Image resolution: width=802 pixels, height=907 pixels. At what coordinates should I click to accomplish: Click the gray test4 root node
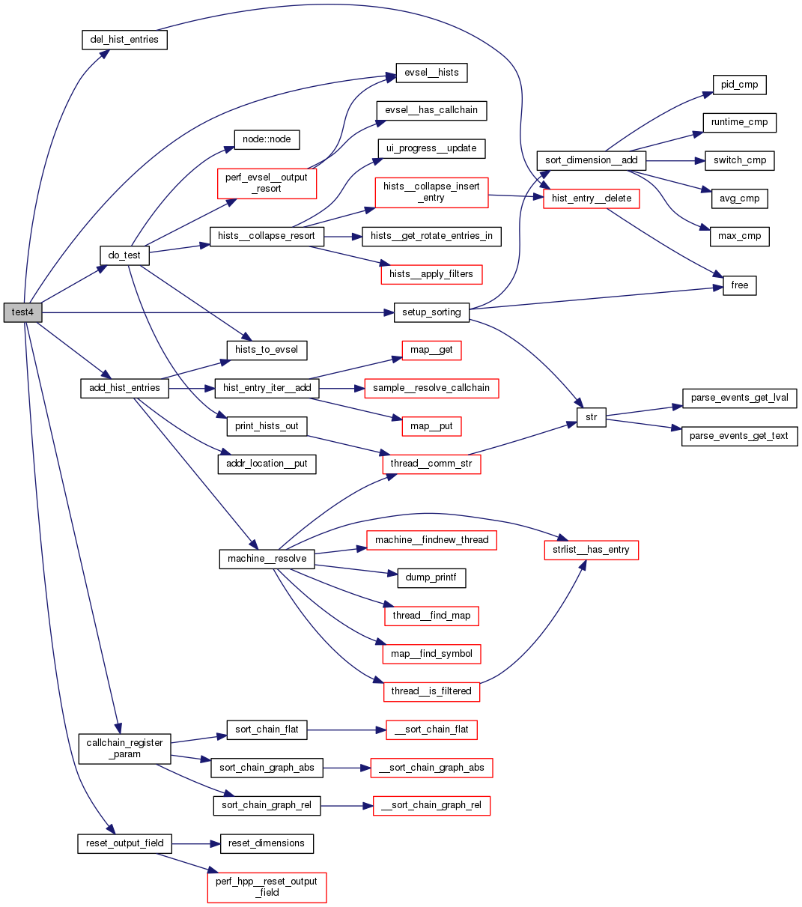(x=22, y=312)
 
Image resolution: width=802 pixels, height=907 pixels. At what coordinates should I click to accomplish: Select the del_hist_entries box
(x=124, y=40)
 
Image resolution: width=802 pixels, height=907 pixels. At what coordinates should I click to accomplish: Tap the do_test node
(x=124, y=255)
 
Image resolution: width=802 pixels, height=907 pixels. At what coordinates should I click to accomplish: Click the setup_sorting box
(x=431, y=312)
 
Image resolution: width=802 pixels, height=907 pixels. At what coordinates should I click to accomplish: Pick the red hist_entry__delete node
(x=591, y=198)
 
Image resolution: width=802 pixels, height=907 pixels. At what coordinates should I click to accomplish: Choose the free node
(x=739, y=285)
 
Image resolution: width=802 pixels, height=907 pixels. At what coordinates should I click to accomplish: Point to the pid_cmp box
(x=739, y=85)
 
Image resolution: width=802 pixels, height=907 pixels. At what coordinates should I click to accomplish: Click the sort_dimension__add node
(x=591, y=160)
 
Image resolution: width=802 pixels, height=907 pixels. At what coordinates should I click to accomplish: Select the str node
(x=591, y=417)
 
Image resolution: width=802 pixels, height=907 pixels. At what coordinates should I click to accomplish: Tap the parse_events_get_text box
(x=739, y=436)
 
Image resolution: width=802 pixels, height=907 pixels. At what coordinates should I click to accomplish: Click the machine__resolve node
(x=267, y=559)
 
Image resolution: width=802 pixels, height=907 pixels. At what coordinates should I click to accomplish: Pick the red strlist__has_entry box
(x=591, y=550)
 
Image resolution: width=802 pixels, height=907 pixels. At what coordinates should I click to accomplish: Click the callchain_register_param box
(x=124, y=748)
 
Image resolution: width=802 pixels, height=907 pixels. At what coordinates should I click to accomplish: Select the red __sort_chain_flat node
(x=431, y=729)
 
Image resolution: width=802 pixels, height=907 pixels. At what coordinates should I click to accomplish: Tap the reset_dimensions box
(x=266, y=843)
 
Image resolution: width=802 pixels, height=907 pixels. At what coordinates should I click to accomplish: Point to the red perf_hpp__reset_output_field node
(x=267, y=887)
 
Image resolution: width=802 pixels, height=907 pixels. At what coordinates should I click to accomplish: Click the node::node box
(x=267, y=139)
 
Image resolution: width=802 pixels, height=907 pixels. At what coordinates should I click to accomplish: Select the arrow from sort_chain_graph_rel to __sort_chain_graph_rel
(x=347, y=806)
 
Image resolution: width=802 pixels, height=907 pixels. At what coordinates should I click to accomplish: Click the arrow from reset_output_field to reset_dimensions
(x=196, y=843)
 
